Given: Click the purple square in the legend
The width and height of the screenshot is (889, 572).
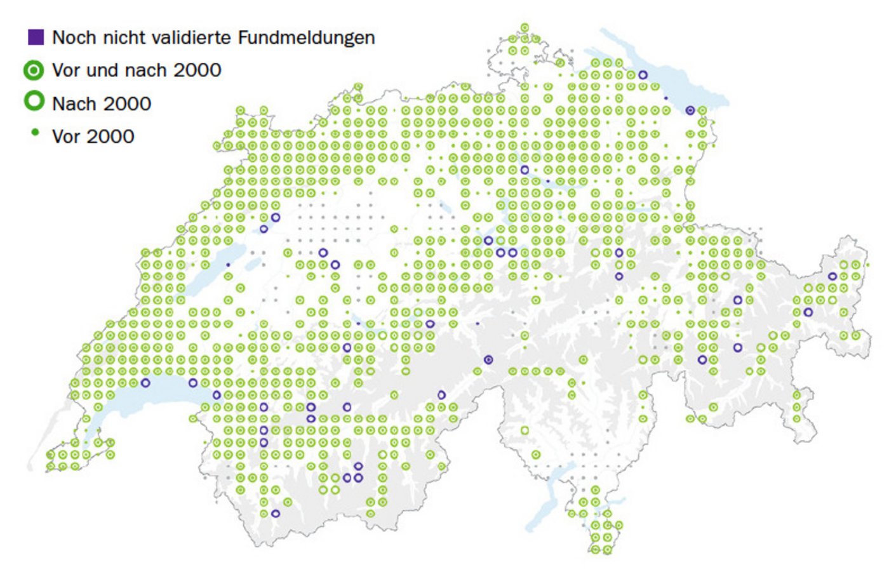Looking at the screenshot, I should pos(36,37).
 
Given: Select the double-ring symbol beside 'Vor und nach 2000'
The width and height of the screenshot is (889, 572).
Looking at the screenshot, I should pos(34,70).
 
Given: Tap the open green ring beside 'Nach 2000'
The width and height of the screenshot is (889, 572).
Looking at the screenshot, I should pos(34,102).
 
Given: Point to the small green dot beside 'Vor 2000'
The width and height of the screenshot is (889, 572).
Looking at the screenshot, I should pos(35,133).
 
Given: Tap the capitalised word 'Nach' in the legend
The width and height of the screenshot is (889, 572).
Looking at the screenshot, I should pos(71,103).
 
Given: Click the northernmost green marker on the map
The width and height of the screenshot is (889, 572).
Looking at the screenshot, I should pos(525,27).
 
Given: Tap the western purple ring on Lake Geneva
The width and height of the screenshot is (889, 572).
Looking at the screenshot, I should pos(145,383).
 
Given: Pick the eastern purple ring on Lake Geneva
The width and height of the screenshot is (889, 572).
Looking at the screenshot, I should pos(192,383).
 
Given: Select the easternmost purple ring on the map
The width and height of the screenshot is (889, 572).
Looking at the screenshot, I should pos(832,276).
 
